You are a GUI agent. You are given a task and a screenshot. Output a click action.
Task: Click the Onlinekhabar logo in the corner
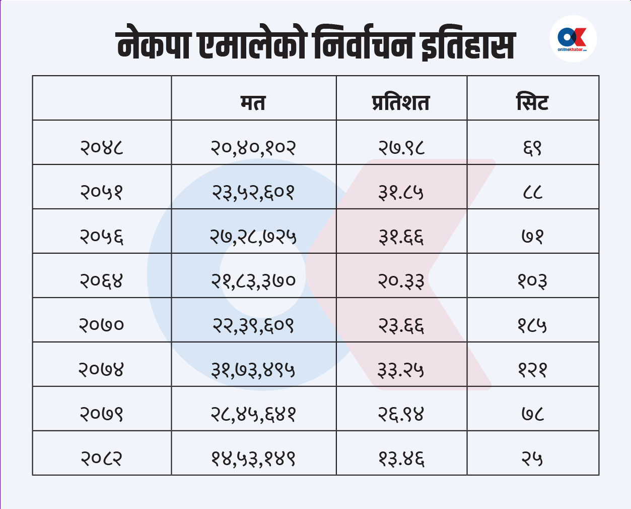(573, 39)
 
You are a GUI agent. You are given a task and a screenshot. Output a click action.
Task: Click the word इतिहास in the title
(467, 45)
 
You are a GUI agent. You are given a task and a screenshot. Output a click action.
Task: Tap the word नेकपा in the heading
(154, 45)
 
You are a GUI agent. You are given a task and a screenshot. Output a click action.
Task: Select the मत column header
(253, 102)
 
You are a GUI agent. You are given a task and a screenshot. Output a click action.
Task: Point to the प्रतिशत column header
(401, 102)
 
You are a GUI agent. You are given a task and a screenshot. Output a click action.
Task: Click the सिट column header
(532, 102)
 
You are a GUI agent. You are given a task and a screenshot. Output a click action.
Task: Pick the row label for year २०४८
(102, 147)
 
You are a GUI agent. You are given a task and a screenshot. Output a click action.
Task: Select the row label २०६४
(102, 280)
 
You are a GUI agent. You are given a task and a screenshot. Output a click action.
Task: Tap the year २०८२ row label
(102, 459)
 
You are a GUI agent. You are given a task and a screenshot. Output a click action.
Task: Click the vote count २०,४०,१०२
(253, 147)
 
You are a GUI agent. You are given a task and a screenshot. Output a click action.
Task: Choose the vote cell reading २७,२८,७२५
(253, 236)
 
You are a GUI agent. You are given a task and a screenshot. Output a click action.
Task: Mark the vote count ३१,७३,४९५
(253, 370)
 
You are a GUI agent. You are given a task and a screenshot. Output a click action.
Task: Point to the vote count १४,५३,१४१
(253, 459)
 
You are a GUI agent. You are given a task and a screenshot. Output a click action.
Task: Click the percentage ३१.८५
(401, 192)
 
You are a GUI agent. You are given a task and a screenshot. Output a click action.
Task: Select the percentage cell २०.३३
(401, 280)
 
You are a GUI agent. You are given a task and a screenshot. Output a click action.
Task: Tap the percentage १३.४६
(401, 459)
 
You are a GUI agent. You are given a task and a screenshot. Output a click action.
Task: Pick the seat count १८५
(532, 325)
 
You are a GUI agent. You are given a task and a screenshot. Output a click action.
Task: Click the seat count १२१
(532, 370)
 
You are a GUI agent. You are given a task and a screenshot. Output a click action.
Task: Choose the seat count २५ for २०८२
(532, 459)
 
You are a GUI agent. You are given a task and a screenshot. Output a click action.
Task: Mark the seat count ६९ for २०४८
(532, 147)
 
